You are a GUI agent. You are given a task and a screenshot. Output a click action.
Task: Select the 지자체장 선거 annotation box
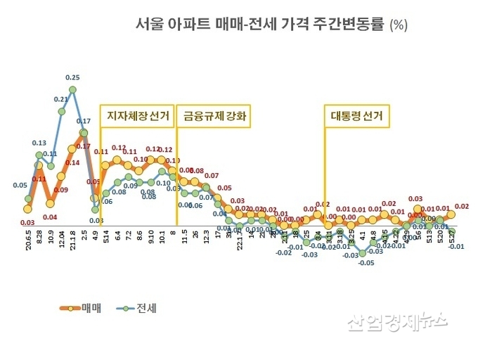click(x=138, y=115)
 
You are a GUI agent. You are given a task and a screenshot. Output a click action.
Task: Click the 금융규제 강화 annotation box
click(x=216, y=115)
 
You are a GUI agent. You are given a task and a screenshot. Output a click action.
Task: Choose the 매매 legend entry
click(x=79, y=307)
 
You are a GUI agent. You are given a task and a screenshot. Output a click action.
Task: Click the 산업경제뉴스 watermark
click(x=396, y=321)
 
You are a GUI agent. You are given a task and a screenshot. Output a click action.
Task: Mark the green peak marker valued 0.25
click(x=72, y=90)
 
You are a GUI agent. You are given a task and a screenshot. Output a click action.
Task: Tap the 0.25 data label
click(x=72, y=77)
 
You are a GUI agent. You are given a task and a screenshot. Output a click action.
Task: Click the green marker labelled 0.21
click(x=61, y=111)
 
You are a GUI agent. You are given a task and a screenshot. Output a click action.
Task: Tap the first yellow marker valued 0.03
click(x=27, y=209)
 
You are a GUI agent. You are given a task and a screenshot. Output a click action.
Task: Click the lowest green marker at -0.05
click(x=363, y=252)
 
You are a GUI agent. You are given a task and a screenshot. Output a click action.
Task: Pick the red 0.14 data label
click(x=72, y=162)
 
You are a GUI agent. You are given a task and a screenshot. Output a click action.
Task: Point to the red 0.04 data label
click(x=50, y=217)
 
